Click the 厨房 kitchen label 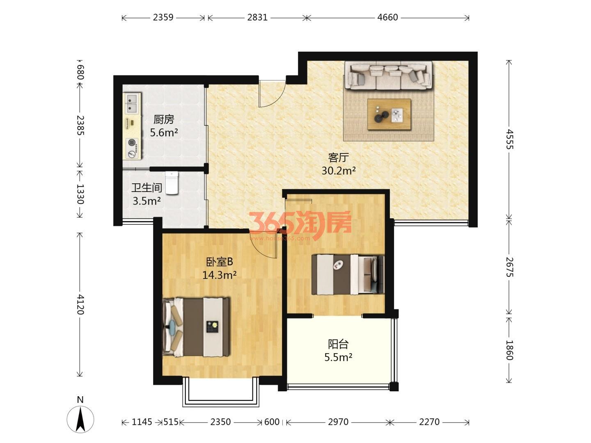163,119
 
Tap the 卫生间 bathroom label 147,188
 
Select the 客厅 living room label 339,158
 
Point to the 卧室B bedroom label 219,262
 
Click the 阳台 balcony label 338,344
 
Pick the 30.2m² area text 339,171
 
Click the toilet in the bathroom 172,183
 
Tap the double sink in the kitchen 132,103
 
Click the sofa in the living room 389,75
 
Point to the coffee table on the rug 389,114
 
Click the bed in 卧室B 196,327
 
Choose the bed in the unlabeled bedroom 348,274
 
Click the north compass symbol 80,419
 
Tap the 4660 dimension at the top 387,18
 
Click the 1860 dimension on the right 509,350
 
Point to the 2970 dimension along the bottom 338,422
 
